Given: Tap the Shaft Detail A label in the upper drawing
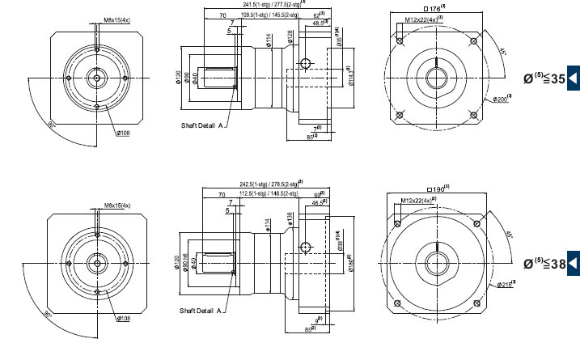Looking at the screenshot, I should click(201, 126).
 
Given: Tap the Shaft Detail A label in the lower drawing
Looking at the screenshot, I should click(201, 310).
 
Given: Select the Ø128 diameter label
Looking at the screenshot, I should click(290, 39).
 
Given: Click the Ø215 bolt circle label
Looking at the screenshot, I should click(507, 284).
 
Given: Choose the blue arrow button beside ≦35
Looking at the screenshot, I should click(573, 78).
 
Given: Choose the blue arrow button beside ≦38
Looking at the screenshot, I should click(573, 264).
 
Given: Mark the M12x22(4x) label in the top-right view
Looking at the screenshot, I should click(425, 19).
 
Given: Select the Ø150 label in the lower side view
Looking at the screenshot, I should click(350, 262).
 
